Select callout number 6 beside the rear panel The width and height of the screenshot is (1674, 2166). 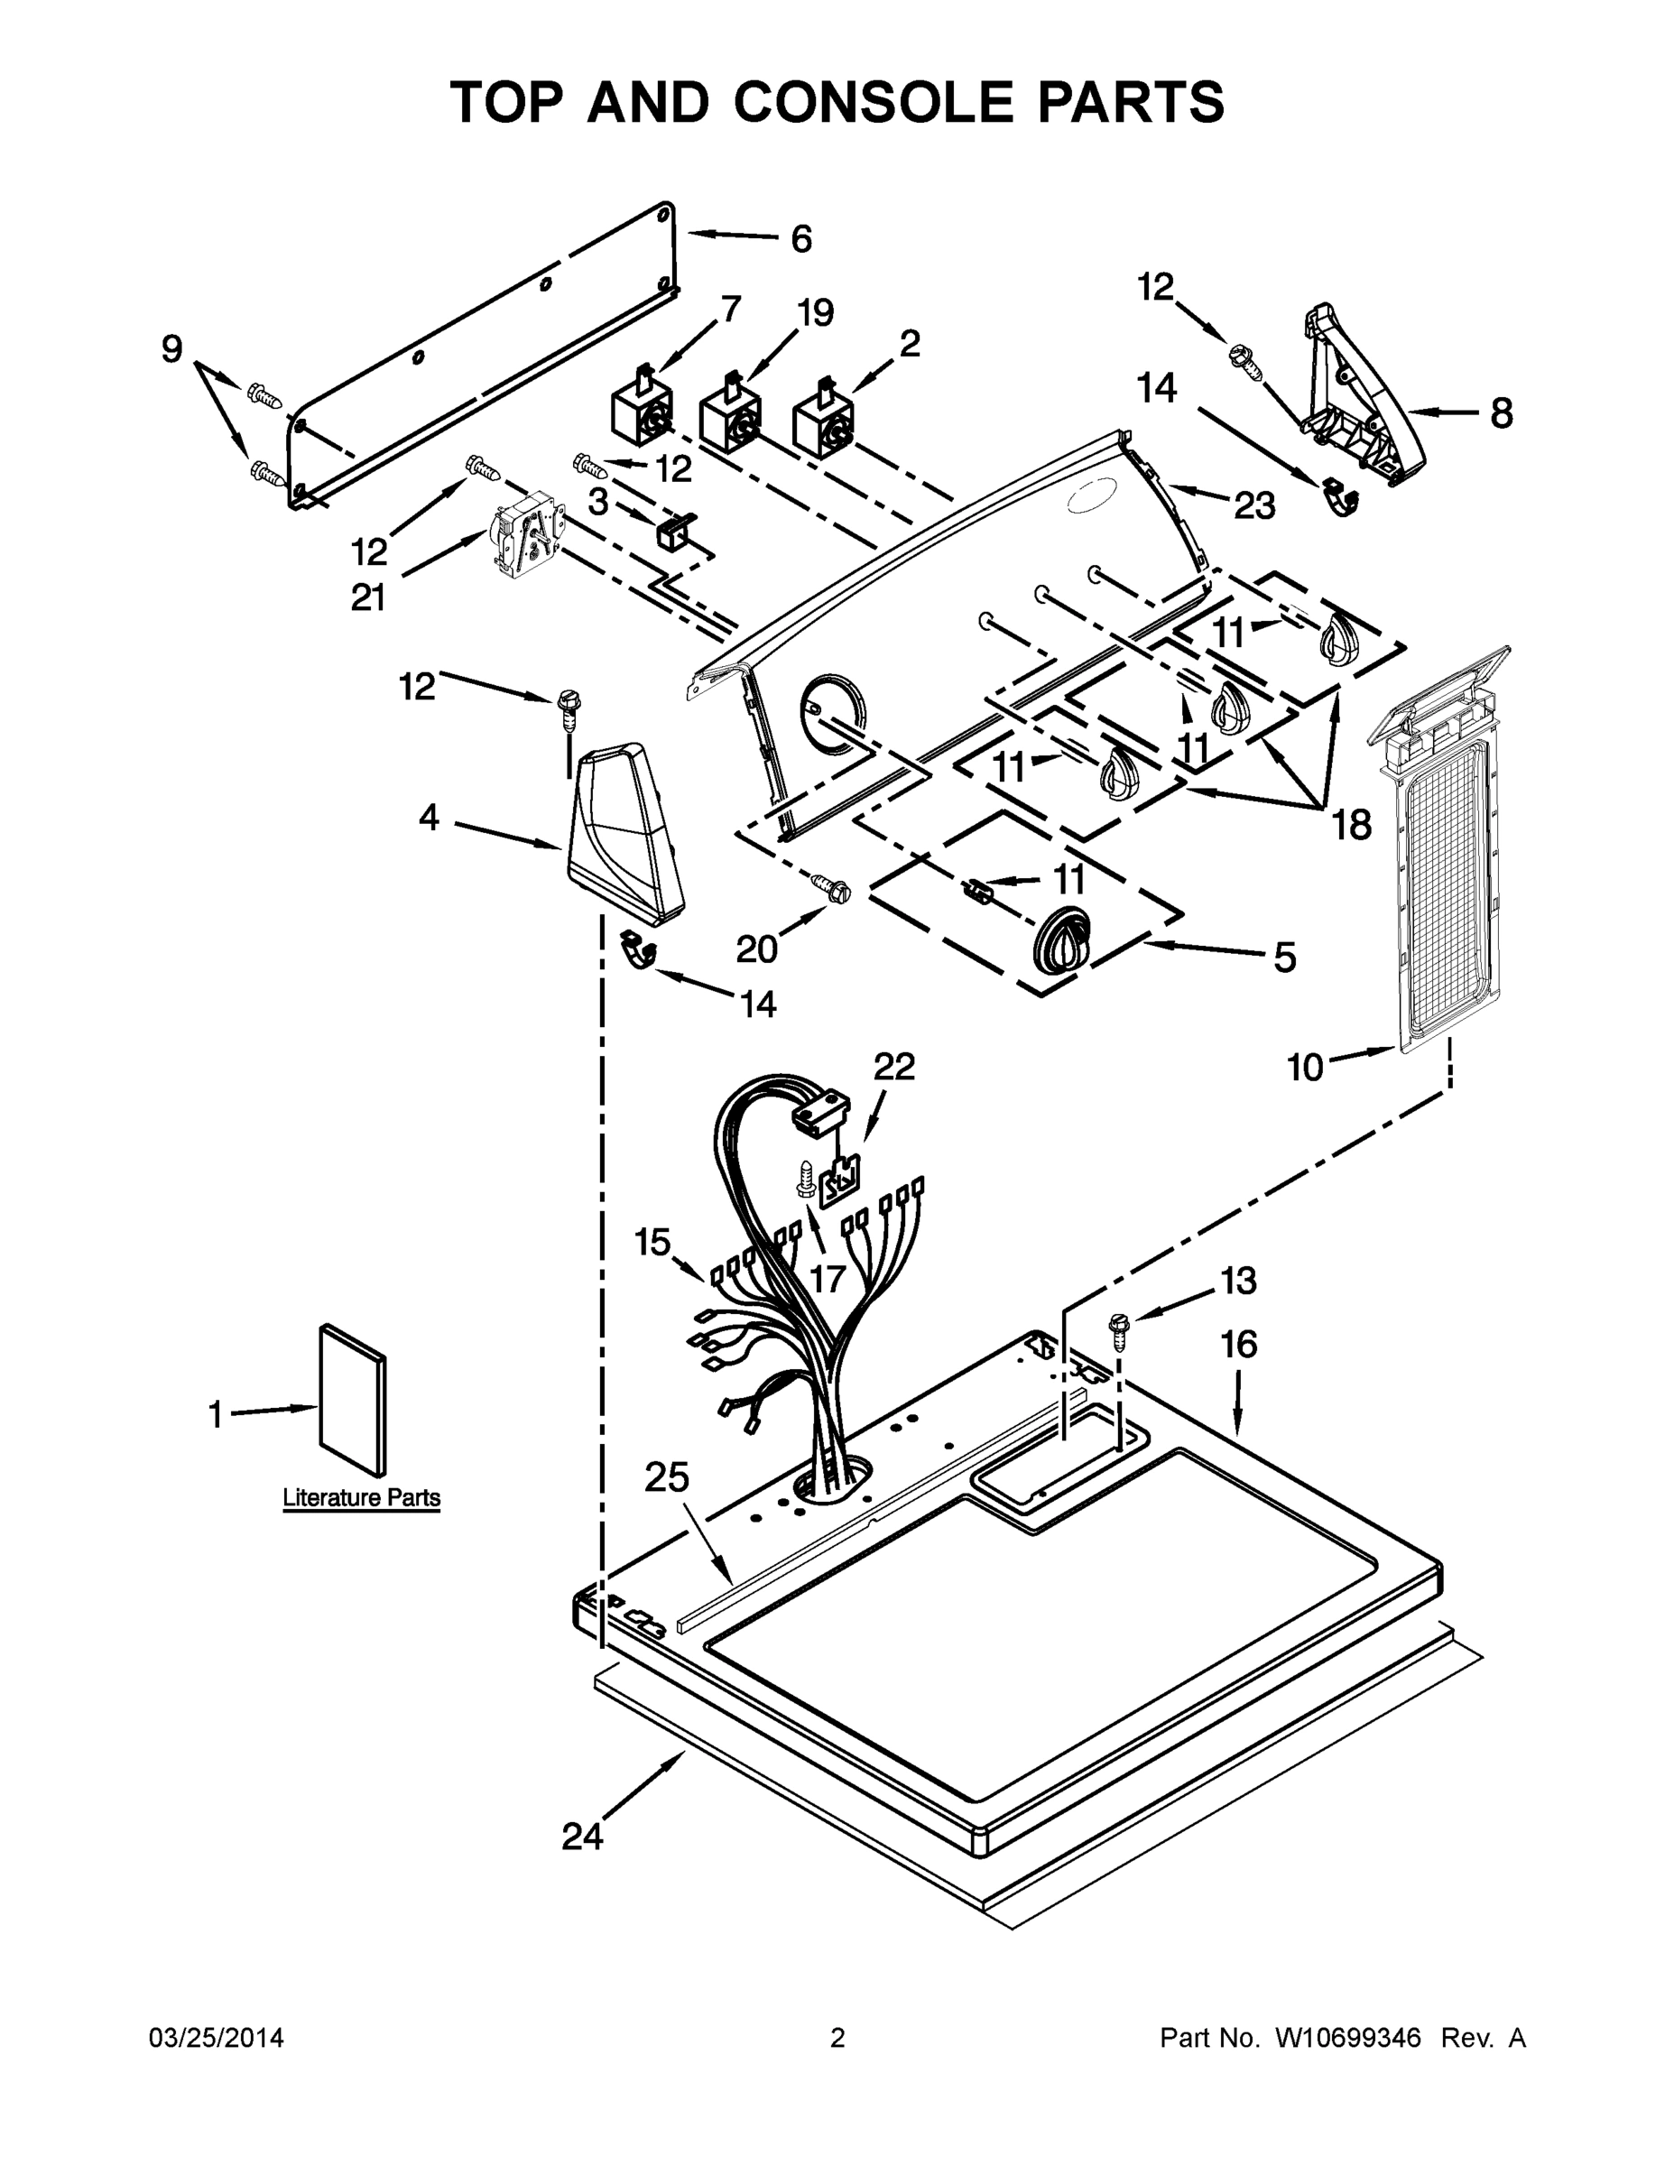[x=801, y=239]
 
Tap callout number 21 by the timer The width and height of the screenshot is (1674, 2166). [x=368, y=597]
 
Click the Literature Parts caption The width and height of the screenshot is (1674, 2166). [x=362, y=1497]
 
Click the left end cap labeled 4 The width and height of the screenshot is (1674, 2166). [x=622, y=831]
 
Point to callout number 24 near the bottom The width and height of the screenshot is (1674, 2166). [x=582, y=1837]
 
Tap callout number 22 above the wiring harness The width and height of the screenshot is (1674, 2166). [x=893, y=1066]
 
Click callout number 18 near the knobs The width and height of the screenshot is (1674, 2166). [x=1351, y=824]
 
